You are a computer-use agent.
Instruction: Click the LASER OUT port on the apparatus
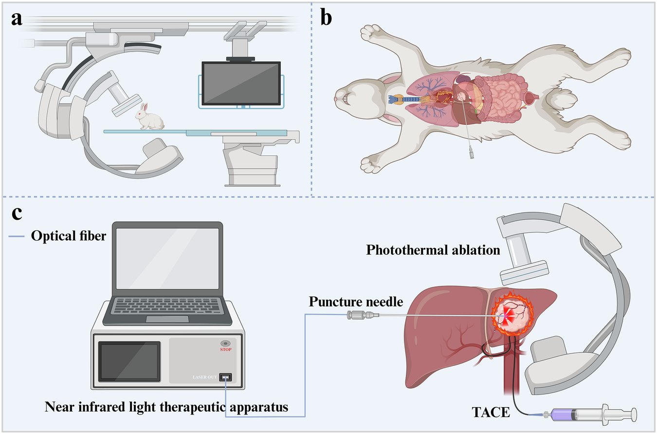pyautogui.click(x=225, y=377)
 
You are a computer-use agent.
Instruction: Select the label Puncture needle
pyautogui.click(x=356, y=302)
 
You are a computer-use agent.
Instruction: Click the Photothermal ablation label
pyautogui.click(x=433, y=250)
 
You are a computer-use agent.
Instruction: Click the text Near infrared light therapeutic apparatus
pyautogui.click(x=166, y=407)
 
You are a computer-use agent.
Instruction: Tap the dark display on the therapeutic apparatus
pyautogui.click(x=129, y=361)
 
